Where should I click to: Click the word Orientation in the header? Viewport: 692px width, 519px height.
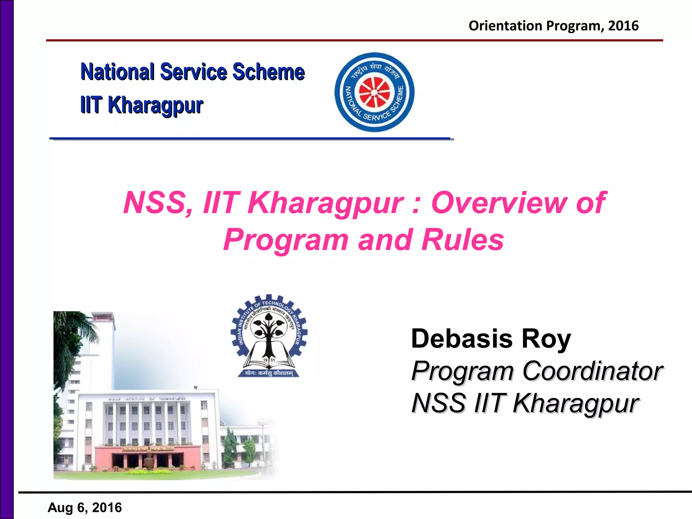505,26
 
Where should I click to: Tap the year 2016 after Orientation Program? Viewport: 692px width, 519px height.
623,26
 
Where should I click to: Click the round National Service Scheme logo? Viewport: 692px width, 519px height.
374,92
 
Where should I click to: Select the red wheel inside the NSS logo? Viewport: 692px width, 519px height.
374,92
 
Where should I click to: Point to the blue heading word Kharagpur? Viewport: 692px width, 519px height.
155,105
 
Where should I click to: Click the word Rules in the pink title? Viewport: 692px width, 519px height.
463,240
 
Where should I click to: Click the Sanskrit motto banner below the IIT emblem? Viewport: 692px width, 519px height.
269,373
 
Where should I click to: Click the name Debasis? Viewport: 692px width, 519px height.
462,339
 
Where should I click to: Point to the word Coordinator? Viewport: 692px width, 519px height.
593,371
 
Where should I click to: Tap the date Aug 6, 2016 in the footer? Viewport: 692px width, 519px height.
85,508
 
